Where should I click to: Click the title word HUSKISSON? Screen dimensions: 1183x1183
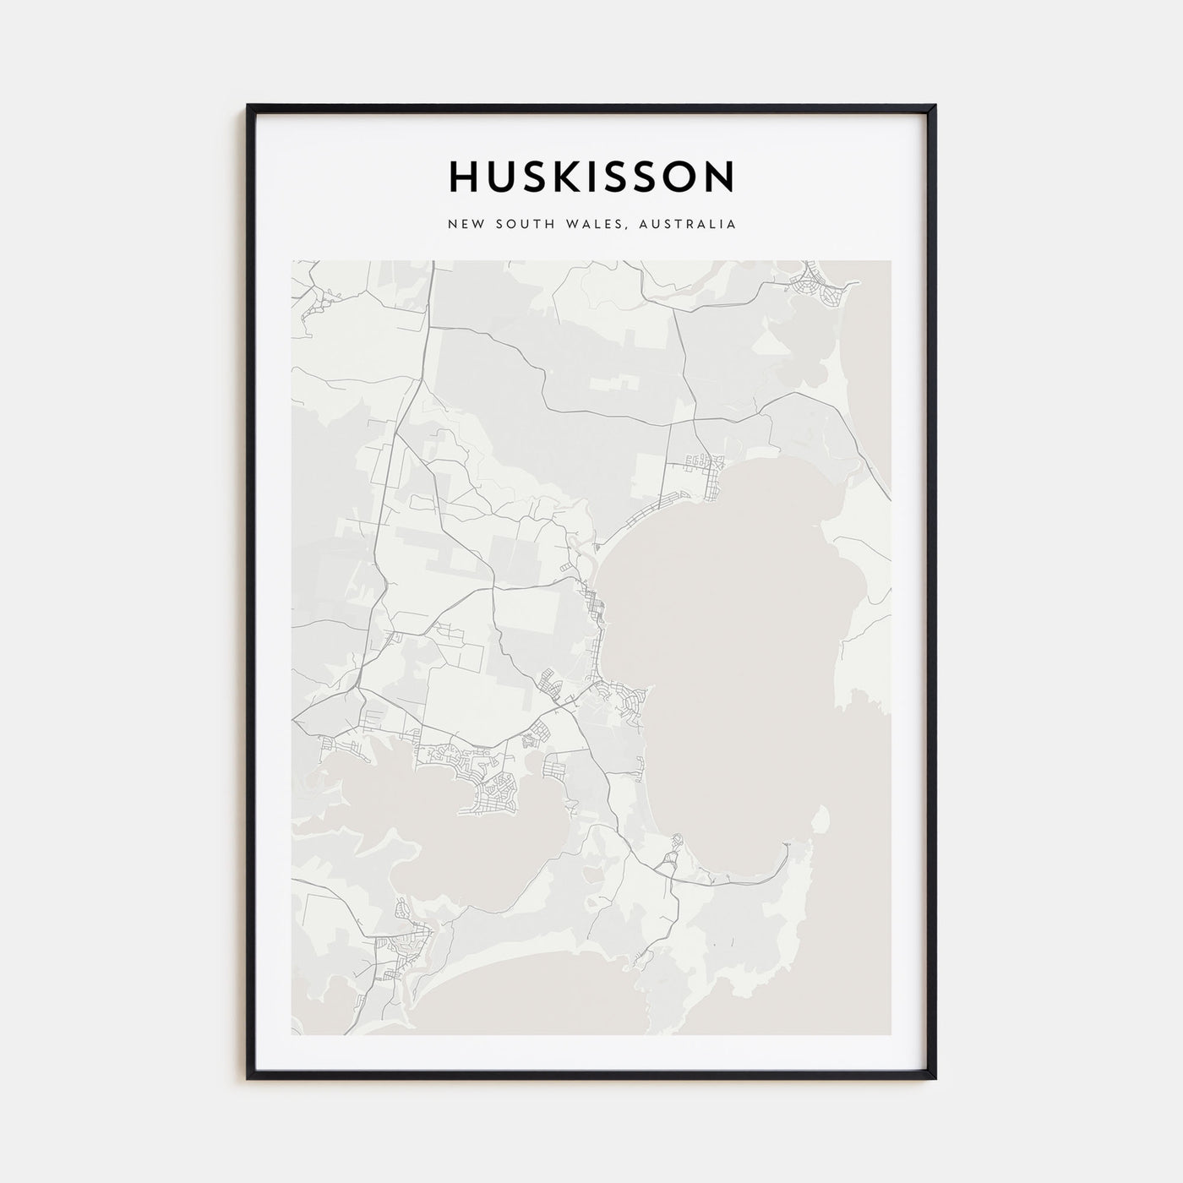click(591, 177)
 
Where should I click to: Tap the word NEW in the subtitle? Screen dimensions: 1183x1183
click(466, 225)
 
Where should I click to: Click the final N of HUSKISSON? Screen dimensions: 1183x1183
click(720, 177)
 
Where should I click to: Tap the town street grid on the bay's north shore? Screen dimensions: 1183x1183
click(704, 465)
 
